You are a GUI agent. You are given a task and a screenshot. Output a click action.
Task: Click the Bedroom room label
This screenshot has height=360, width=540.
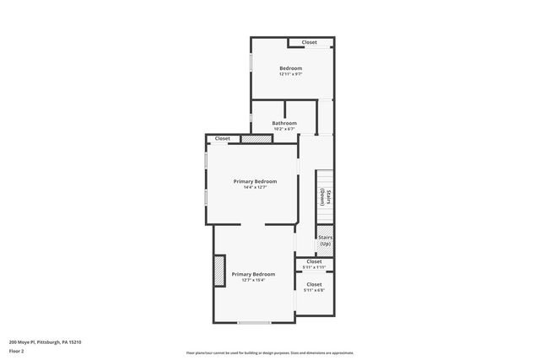pyautogui.click(x=290, y=68)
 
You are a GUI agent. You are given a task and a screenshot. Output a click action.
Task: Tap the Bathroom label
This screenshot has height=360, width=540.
pyautogui.click(x=284, y=123)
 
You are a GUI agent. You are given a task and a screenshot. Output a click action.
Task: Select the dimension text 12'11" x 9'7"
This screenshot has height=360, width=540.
pyautogui.click(x=290, y=74)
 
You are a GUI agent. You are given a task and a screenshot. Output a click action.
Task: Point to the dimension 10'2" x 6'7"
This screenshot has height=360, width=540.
pyautogui.click(x=284, y=129)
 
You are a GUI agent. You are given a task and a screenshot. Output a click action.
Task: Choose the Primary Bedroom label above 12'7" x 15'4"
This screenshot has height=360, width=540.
pyautogui.click(x=253, y=274)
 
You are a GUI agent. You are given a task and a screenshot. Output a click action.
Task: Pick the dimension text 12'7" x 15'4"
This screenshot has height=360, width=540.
pyautogui.click(x=253, y=280)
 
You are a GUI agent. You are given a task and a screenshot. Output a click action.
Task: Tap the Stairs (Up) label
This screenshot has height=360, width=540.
pyautogui.click(x=325, y=241)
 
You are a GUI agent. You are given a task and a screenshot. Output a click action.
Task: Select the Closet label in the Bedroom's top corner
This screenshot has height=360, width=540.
pyautogui.click(x=310, y=42)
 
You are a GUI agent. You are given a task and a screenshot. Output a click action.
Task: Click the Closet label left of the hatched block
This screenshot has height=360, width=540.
pyautogui.click(x=223, y=138)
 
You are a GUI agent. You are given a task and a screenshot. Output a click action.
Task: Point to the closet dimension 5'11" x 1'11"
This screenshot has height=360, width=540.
pyautogui.click(x=314, y=268)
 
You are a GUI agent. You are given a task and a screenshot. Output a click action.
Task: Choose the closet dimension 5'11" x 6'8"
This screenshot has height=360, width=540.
pyautogui.click(x=314, y=290)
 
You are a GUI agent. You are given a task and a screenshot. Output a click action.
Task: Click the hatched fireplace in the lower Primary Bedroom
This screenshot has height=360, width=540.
pyautogui.click(x=219, y=271)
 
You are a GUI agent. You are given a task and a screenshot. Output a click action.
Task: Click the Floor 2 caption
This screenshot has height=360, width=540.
pyautogui.click(x=14, y=351)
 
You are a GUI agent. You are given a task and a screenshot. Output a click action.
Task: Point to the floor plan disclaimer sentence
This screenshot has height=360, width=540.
pyautogui.click(x=270, y=353)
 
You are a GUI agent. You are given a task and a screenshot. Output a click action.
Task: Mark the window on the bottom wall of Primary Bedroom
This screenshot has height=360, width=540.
pyautogui.click(x=253, y=322)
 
